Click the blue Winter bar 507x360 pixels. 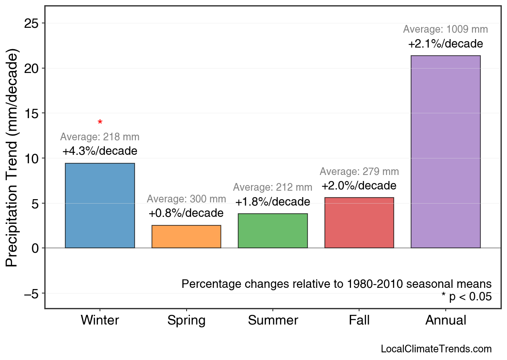click(x=100, y=206)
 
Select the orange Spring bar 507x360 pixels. click(x=186, y=237)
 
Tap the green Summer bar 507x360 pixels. click(x=273, y=231)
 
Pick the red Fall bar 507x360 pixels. click(x=359, y=223)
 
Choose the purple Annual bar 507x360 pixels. click(x=445, y=152)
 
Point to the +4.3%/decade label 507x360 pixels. click(x=100, y=151)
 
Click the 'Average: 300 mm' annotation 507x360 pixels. click(x=186, y=199)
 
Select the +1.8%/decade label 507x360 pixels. click(x=273, y=202)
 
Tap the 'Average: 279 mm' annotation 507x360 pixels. click(x=359, y=172)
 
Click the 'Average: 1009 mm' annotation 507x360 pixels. click(x=445, y=29)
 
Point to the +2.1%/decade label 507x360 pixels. click(x=445, y=44)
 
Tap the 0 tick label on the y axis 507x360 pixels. click(x=35, y=248)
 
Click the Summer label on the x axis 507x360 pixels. click(x=273, y=320)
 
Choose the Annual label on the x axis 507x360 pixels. click(x=445, y=320)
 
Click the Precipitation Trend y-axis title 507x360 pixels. click(x=13, y=158)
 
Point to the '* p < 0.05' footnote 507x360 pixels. click(x=466, y=297)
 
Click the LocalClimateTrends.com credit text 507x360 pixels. click(x=436, y=349)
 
